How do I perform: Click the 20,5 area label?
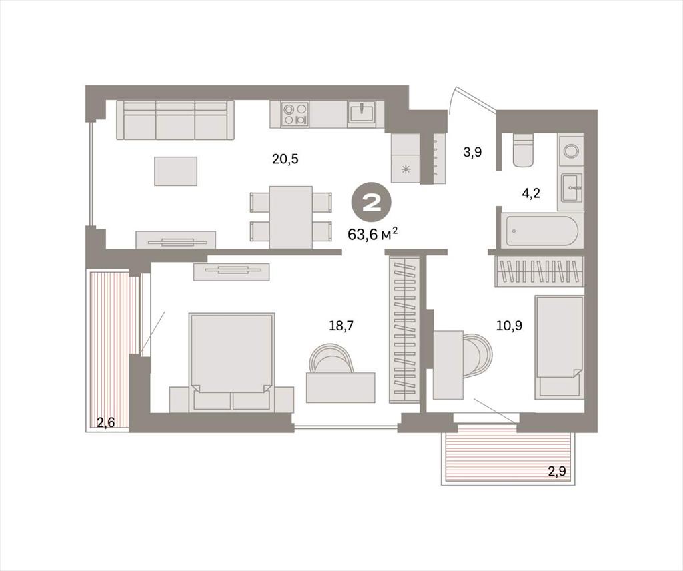tap(285, 159)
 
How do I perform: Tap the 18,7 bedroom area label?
tap(341, 325)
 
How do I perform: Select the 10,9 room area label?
tap(509, 325)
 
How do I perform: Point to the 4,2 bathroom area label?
tap(531, 193)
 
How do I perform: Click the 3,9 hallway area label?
tap(473, 153)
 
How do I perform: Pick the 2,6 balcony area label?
tap(106, 422)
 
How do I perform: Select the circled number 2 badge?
tap(372, 203)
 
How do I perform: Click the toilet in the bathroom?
tap(523, 150)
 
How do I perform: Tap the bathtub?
tap(541, 231)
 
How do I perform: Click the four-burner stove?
tap(295, 113)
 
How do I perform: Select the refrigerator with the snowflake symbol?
tap(406, 158)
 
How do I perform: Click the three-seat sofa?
tap(175, 120)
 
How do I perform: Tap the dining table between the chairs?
tap(291, 217)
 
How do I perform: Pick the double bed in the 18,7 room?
tap(231, 362)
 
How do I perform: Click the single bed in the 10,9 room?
tap(560, 347)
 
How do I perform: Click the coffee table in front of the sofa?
tap(175, 171)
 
